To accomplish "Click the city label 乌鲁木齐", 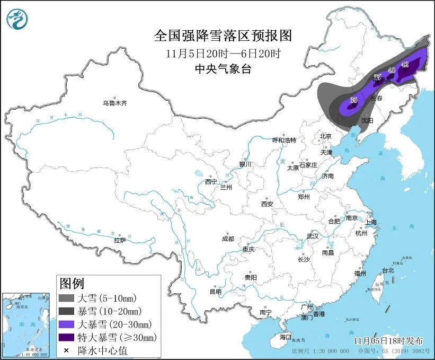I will [x=115, y=103].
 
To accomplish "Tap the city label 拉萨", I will [x=120, y=240].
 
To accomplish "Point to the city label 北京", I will [x=325, y=136].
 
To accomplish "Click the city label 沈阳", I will [x=367, y=121].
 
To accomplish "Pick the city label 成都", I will [x=228, y=239].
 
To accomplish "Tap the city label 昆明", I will [x=215, y=291].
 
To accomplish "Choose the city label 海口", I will [x=286, y=337].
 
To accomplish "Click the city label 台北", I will [x=388, y=270].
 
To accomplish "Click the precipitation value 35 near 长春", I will [x=353, y=100].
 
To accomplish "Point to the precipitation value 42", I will [x=405, y=64].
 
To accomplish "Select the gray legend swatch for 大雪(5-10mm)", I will [x=66, y=299].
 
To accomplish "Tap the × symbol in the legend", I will [x=66, y=350].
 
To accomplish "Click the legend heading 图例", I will [x=72, y=283].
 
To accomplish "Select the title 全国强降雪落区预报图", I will [x=223, y=36].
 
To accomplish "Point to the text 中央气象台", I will [x=223, y=68].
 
